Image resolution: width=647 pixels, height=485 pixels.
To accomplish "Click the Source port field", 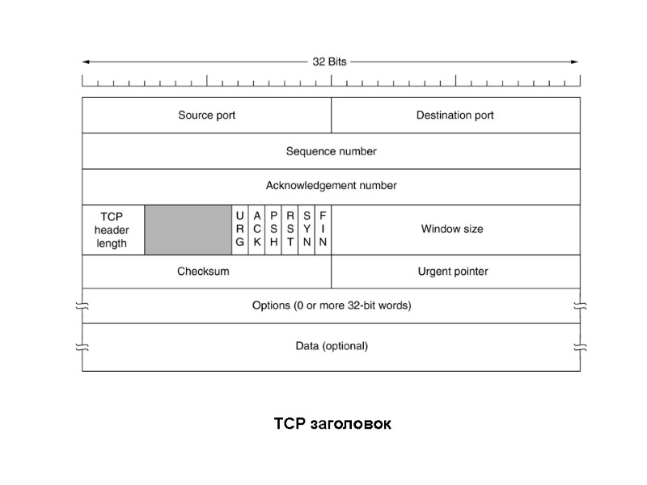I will (207, 116).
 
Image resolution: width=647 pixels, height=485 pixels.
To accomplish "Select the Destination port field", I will (455, 116).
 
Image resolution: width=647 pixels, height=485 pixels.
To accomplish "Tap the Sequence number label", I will (332, 151).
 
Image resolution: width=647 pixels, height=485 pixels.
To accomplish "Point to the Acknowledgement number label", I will (332, 186).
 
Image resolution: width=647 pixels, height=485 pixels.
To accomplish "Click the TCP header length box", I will (112, 230).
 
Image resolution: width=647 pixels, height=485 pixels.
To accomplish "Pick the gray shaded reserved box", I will (188, 230).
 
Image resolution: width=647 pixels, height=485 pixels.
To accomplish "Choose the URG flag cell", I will (240, 230).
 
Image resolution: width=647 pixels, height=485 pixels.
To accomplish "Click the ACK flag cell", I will (257, 230).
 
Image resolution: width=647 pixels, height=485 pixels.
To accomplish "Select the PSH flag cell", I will (273, 230).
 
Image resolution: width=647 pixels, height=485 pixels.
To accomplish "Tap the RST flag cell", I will (290, 230).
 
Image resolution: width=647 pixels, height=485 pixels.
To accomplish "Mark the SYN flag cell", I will (307, 230).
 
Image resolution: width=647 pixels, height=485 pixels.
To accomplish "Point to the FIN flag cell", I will (323, 230).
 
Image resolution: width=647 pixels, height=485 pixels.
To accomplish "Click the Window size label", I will (452, 230).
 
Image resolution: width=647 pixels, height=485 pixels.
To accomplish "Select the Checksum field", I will (203, 272).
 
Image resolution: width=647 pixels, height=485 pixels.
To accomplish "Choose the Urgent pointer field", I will (453, 272).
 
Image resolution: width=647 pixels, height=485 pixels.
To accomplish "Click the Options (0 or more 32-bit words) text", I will (332, 306).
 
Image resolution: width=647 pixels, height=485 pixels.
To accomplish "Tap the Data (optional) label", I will (332, 346).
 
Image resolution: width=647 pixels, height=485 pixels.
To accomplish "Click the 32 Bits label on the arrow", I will (331, 61).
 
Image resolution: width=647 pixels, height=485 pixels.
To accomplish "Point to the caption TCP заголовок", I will (332, 424).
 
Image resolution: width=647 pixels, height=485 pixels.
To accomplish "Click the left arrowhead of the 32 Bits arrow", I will (86, 61).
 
